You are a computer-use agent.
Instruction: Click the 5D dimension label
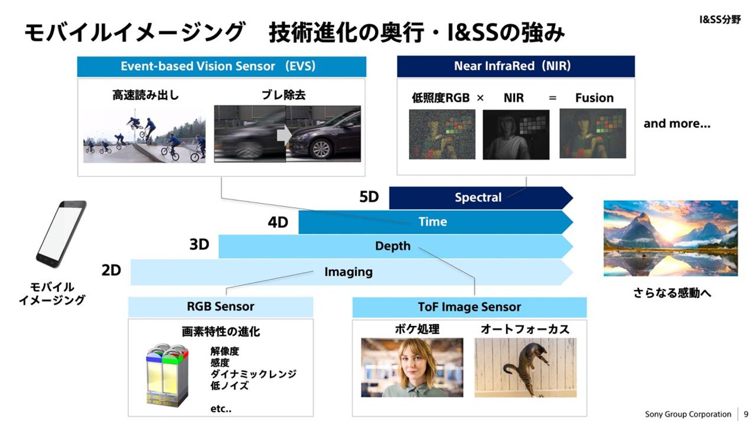(369, 197)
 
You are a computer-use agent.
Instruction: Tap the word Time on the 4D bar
(432, 222)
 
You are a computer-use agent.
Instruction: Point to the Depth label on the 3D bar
(393, 246)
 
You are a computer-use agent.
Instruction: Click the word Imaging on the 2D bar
(348, 272)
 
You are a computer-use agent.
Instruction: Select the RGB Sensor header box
(220, 307)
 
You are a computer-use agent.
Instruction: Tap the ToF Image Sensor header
(469, 307)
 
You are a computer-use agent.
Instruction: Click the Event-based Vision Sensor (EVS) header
(221, 66)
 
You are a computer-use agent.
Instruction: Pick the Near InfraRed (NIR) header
(516, 66)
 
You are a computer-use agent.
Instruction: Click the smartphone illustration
(60, 234)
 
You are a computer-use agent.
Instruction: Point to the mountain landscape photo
(670, 238)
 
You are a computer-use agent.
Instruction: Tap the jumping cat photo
(525, 367)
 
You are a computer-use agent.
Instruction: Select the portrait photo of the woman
(412, 367)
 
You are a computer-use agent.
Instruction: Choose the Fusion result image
(592, 133)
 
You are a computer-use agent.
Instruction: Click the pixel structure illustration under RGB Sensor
(167, 375)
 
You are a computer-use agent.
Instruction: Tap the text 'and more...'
(677, 124)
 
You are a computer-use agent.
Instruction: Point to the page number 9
(746, 414)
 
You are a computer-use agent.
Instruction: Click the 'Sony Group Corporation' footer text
(688, 414)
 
